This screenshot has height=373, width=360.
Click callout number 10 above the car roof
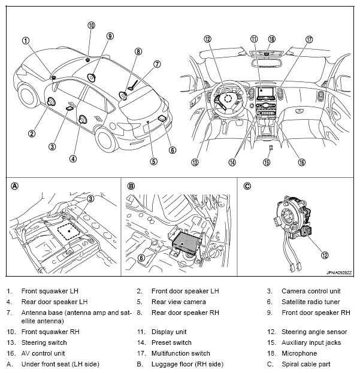point(91,25)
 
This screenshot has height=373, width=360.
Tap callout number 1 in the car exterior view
point(26,41)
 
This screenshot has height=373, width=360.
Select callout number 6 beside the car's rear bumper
point(173,150)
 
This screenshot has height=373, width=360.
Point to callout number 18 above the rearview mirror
point(271,39)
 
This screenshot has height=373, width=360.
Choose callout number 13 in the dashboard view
point(194,162)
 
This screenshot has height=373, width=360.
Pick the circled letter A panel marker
point(15,186)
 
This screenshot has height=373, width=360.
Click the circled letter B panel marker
point(131,186)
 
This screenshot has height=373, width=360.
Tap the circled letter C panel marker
point(247,186)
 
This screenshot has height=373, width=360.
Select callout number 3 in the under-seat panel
point(90,198)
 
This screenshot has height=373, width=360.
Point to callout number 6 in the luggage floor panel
point(141,258)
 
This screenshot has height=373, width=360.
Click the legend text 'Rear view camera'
point(179,302)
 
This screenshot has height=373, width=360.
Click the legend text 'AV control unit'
point(44,353)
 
